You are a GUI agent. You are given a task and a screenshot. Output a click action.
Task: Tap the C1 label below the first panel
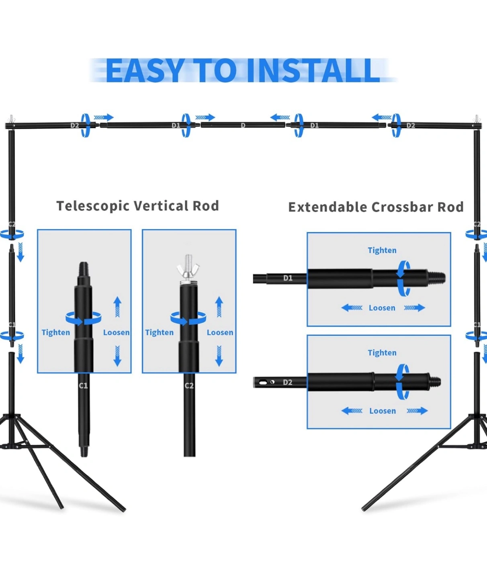tap(83, 386)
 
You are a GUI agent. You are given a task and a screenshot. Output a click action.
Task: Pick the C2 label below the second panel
tap(189, 386)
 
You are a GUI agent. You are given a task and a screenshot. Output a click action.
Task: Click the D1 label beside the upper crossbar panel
tap(288, 278)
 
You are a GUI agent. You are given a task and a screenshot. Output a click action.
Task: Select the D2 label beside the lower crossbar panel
tap(288, 382)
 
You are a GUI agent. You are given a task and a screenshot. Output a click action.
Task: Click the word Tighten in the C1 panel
tap(56, 333)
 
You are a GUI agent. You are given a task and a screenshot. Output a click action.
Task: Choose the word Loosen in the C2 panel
tap(220, 333)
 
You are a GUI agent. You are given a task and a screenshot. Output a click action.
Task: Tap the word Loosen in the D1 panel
tap(382, 308)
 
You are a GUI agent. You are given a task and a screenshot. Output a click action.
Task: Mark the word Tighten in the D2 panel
tap(382, 353)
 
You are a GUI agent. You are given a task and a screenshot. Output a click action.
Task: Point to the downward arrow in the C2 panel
tap(219, 356)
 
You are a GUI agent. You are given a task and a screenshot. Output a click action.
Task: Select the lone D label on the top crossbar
tap(243, 125)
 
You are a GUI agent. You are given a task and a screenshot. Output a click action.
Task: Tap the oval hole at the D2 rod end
tap(263, 382)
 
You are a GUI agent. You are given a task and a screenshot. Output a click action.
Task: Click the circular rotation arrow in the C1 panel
tap(84, 318)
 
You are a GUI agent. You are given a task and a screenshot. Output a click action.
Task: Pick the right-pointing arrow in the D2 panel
tap(417, 411)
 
